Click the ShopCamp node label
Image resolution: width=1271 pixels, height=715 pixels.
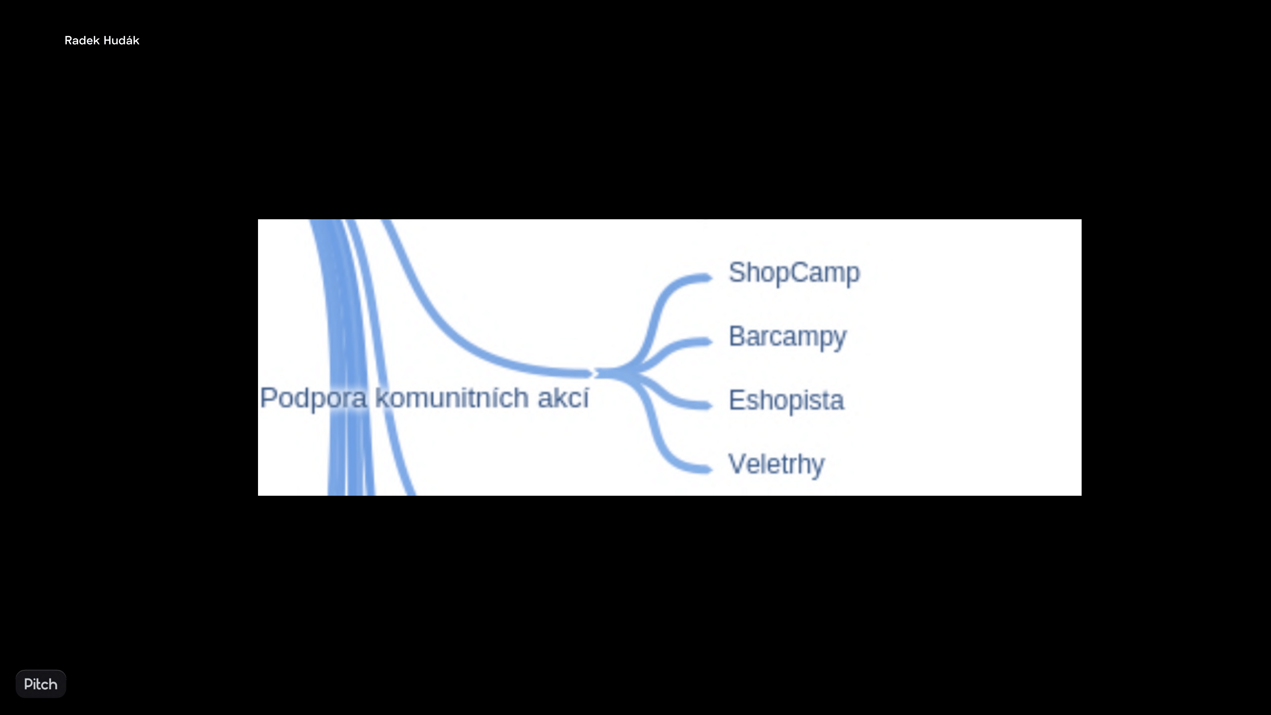point(794,273)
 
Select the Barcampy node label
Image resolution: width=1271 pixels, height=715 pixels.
point(787,337)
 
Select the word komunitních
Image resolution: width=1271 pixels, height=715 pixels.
point(452,398)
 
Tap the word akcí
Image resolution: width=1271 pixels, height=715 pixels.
point(563,398)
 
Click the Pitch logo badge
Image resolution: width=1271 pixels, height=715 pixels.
point(41,684)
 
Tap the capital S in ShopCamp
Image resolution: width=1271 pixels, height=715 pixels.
point(737,272)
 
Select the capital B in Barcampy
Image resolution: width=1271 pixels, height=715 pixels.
point(737,336)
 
